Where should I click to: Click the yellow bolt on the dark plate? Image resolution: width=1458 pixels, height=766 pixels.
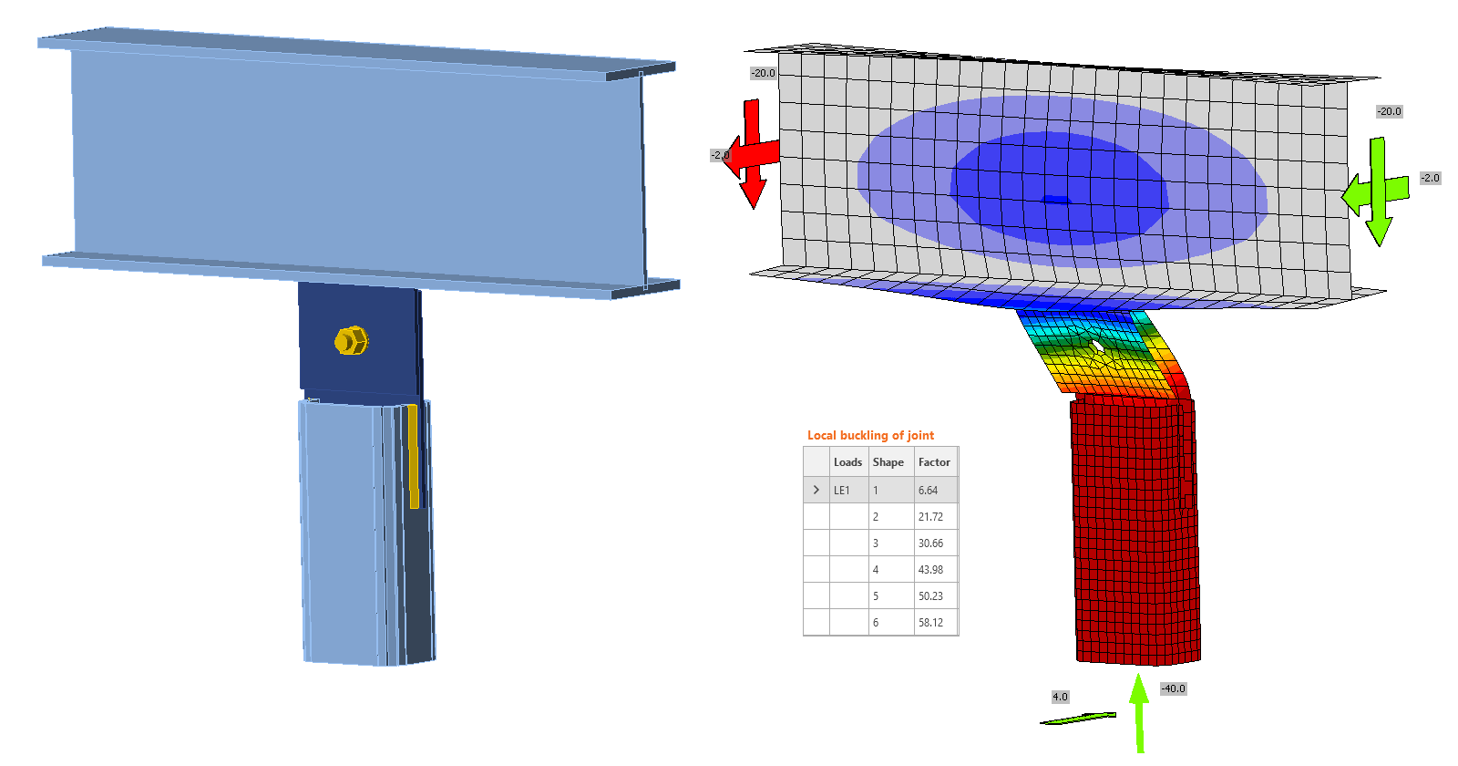351,340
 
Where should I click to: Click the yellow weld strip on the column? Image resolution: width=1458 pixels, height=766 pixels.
413,456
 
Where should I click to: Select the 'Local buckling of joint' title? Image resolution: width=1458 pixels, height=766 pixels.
870,435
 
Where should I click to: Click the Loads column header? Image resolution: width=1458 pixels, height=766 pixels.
847,462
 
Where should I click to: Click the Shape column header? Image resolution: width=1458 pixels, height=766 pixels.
888,462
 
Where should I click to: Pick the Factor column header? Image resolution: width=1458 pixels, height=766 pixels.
934,462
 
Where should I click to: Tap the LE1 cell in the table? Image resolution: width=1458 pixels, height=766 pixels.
842,491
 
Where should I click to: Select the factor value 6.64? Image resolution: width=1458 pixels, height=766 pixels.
928,491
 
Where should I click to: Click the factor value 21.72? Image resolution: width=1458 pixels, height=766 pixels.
930,517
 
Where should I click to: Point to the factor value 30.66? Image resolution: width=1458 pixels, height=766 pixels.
930,543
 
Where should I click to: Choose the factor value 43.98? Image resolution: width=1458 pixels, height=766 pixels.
930,570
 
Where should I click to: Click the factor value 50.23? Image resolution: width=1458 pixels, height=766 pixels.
930,596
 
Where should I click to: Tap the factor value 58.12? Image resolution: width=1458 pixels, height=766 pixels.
930,623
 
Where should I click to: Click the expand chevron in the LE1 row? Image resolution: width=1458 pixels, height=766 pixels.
816,490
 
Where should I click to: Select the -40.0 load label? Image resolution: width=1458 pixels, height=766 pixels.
1173,688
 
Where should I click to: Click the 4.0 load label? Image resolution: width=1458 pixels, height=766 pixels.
1060,697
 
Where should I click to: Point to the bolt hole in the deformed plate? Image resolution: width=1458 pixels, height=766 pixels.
1098,347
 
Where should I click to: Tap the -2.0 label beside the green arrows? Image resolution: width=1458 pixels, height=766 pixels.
1431,178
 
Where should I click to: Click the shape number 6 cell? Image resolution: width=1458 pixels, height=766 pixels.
876,623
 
